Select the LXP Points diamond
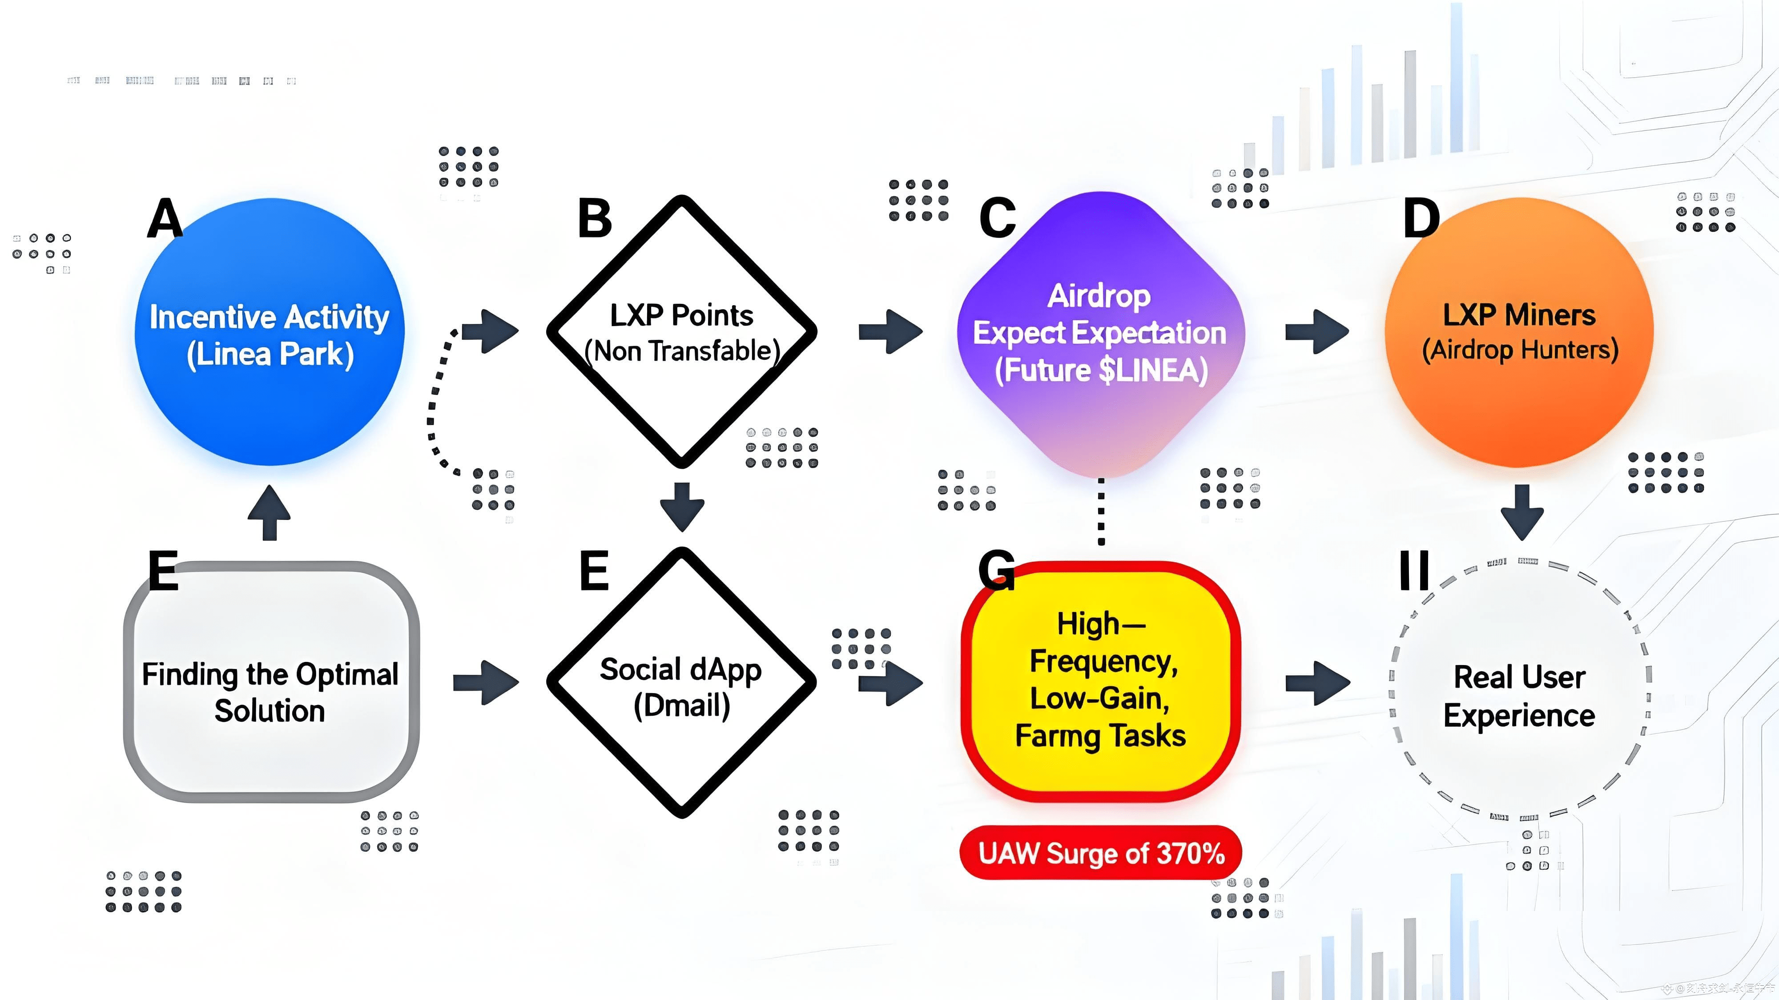coord(682,331)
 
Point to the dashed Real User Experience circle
coord(1519,690)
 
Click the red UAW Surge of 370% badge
coord(1101,853)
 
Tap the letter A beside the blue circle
coord(165,218)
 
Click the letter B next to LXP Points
coord(595,218)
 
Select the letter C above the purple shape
coord(997,218)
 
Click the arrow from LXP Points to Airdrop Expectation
coord(891,331)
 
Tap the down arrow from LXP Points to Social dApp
coord(682,506)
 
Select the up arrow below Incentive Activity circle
coord(270,512)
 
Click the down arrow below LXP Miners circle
coord(1522,512)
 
